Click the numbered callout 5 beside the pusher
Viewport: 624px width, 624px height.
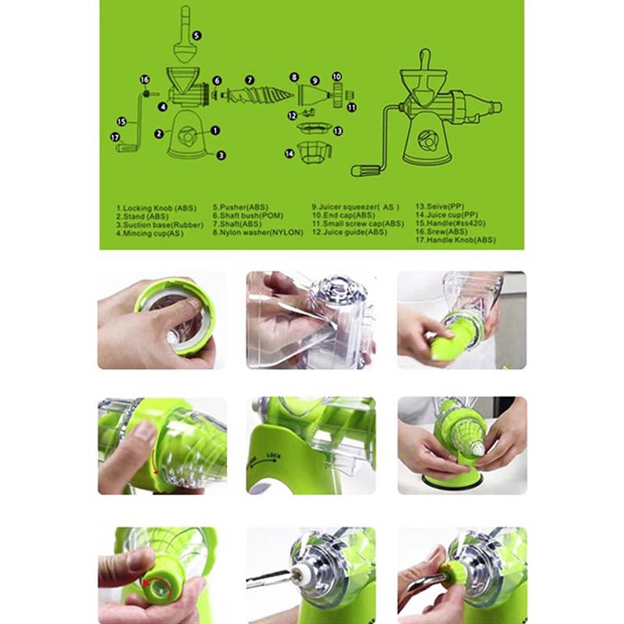197,35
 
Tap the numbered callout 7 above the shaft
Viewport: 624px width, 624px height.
250,80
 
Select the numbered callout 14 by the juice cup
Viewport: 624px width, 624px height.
289,153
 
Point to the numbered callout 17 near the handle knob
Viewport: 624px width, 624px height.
115,138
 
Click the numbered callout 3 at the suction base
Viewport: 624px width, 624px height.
221,155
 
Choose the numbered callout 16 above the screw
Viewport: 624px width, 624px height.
144,80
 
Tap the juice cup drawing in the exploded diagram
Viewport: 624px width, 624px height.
314,152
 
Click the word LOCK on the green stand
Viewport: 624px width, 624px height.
274,456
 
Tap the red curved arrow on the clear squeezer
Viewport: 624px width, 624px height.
154,461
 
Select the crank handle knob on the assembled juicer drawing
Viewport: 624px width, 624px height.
363,171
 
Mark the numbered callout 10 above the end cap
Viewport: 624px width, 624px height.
337,76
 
